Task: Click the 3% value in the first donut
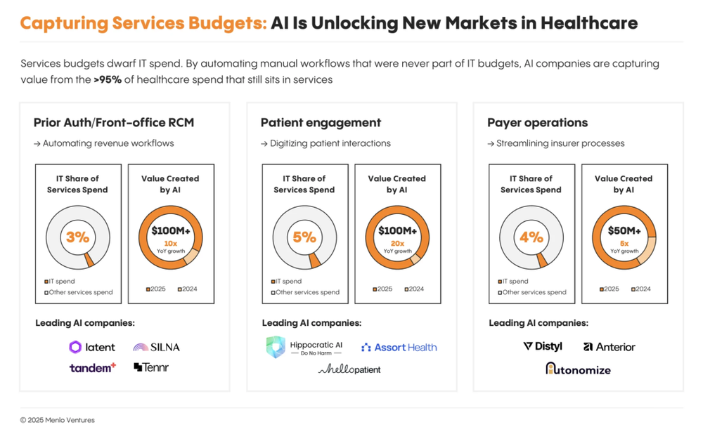pos(77,237)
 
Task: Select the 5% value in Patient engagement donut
pos(304,237)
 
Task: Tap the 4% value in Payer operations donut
pos(531,237)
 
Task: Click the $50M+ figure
pos(624,231)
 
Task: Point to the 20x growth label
pos(397,244)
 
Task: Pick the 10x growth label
pos(170,244)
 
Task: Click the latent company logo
pos(92,347)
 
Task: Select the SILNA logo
pos(156,347)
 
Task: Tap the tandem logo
pos(92,367)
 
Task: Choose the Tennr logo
pos(151,367)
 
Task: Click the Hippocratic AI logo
pos(304,348)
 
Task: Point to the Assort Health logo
pos(399,347)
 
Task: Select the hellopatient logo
pos(349,369)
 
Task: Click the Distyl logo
pos(543,346)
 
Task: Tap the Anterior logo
pos(609,347)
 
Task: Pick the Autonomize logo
pos(578,369)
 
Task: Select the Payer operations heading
pos(537,123)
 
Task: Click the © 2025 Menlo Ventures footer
pos(57,420)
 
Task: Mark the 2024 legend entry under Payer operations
pos(640,289)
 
